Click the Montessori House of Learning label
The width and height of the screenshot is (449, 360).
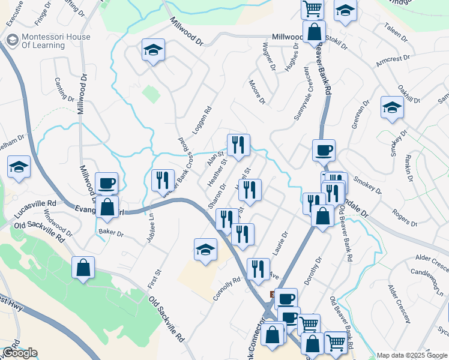coord(56,41)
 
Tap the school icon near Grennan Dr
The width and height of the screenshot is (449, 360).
coord(392,107)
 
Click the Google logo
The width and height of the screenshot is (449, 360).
coord(19,352)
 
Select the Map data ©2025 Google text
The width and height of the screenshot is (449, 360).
coord(412,355)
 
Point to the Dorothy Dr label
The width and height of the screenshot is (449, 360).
coord(312,271)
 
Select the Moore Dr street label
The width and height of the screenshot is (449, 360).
coord(257,92)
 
